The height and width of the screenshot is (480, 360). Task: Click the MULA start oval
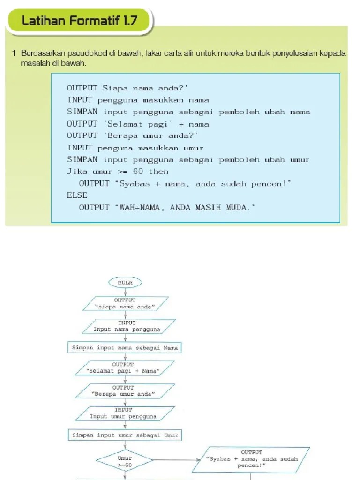[125, 283]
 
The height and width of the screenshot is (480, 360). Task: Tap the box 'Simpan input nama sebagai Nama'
[125, 348]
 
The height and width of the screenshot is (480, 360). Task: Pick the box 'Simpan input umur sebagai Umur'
[125, 435]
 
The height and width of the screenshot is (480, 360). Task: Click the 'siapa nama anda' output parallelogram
[126, 304]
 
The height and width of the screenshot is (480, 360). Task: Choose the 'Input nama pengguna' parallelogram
[129, 326]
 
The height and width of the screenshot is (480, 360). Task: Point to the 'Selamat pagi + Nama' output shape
[125, 368]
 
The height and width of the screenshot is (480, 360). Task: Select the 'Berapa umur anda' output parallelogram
[125, 391]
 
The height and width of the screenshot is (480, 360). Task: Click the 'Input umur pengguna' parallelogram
[125, 413]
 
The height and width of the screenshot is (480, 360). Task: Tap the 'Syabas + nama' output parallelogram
[251, 459]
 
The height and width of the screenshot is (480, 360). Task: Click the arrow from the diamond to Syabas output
[177, 460]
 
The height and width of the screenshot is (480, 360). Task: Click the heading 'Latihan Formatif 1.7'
[80, 21]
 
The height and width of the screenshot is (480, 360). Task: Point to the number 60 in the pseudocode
[138, 171]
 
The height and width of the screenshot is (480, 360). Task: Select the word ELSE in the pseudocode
[77, 195]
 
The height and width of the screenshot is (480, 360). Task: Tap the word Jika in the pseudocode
[77, 172]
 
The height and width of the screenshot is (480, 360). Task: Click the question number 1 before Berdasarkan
[14, 53]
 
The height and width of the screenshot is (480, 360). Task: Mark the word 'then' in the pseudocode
[158, 172]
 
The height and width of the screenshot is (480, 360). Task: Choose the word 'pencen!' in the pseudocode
[271, 184]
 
